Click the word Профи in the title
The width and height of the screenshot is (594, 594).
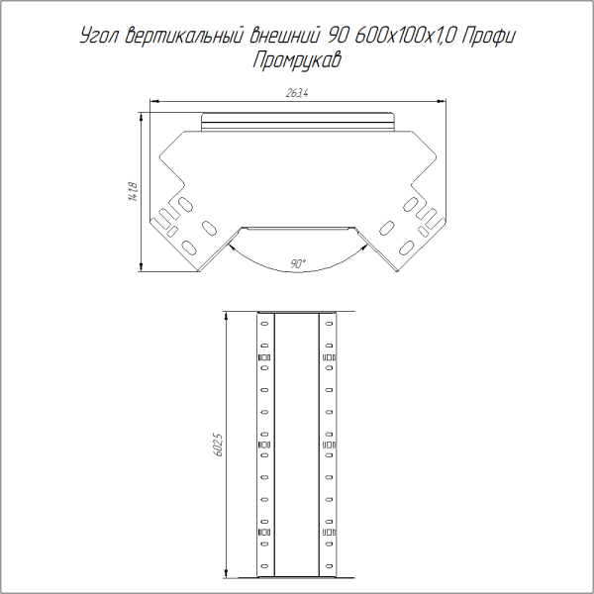(x=487, y=38)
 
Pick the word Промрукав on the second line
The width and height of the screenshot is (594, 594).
(x=297, y=60)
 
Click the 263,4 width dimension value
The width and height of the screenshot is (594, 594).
(x=297, y=94)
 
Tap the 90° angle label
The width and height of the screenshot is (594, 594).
(x=297, y=263)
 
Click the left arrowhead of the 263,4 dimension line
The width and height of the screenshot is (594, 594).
(x=154, y=100)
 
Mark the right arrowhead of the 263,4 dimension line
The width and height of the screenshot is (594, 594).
(x=440, y=100)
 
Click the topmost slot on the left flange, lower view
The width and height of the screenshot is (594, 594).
(x=264, y=323)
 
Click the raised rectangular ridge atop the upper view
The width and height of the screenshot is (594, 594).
(x=297, y=123)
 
